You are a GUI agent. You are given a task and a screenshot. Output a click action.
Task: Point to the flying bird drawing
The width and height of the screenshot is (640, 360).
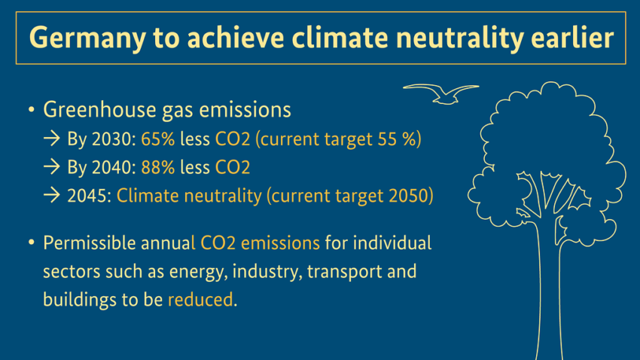tap(440, 93)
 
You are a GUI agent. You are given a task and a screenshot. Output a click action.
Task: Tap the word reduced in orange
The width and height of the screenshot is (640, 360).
tap(201, 299)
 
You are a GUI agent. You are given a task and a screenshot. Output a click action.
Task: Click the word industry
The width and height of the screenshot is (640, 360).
tap(267, 271)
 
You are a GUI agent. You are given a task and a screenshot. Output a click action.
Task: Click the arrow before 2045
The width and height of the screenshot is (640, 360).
tap(52, 196)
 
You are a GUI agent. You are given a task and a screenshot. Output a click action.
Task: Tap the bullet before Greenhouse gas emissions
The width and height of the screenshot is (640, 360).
tap(31, 111)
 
